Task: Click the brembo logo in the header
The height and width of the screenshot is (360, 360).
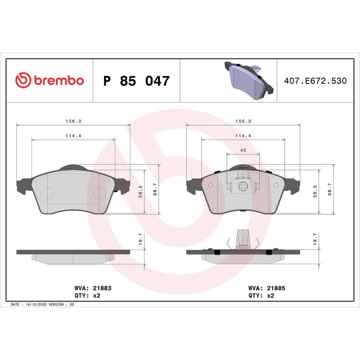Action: (49, 81)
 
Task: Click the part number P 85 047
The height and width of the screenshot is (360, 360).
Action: (136, 81)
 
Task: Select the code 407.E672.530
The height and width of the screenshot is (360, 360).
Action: (315, 81)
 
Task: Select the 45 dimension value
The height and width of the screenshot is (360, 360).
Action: (243, 150)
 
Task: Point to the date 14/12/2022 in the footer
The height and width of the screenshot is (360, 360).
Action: (37, 305)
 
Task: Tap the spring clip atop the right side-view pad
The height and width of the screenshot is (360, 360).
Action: (243, 239)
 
